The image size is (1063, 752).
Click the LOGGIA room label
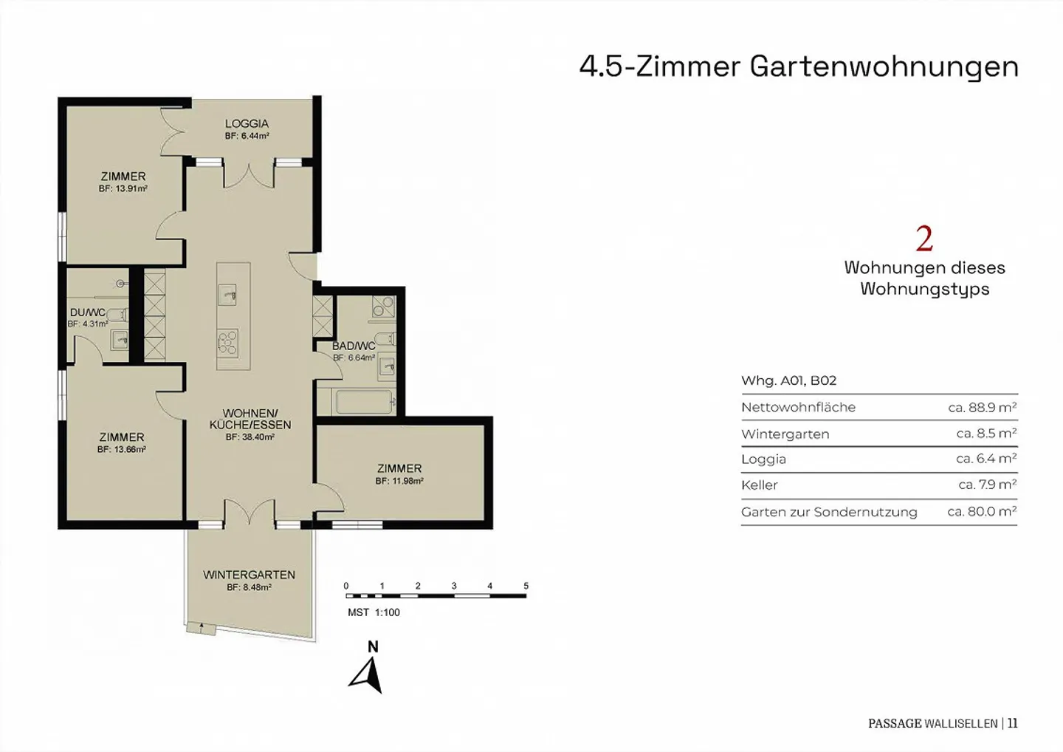(x=247, y=123)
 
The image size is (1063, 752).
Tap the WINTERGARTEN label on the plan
(x=250, y=575)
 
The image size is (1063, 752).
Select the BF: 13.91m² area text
(x=123, y=188)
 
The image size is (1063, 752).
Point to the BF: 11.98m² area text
(x=399, y=481)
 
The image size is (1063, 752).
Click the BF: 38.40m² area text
(x=250, y=437)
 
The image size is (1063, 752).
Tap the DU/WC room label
(x=87, y=313)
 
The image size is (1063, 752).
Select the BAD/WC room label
(x=354, y=346)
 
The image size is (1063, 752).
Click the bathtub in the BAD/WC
(x=365, y=403)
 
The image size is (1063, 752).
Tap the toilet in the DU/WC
(x=117, y=314)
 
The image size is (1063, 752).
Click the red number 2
(x=924, y=239)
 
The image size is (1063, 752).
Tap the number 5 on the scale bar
(x=526, y=586)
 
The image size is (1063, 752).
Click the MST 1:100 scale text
(x=374, y=612)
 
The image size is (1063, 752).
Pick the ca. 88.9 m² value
(x=983, y=407)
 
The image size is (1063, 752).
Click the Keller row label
(x=760, y=485)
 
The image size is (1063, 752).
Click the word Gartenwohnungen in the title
(x=884, y=67)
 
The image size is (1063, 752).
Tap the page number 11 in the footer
(x=1013, y=723)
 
